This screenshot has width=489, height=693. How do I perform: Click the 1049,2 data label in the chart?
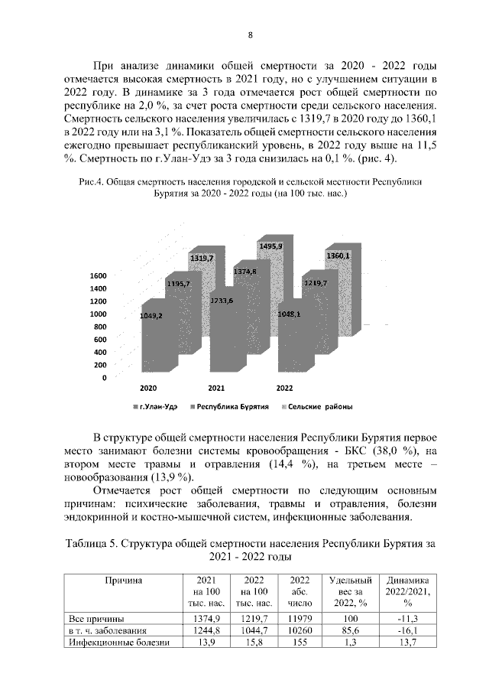click(x=151, y=315)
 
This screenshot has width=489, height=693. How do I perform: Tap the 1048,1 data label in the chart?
click(x=289, y=314)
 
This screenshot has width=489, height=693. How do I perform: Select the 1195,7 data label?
click(x=177, y=284)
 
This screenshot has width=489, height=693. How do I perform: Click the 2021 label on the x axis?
click(x=216, y=388)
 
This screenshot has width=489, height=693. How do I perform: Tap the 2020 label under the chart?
click(x=147, y=388)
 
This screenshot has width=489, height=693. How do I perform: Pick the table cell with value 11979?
click(x=300, y=618)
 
